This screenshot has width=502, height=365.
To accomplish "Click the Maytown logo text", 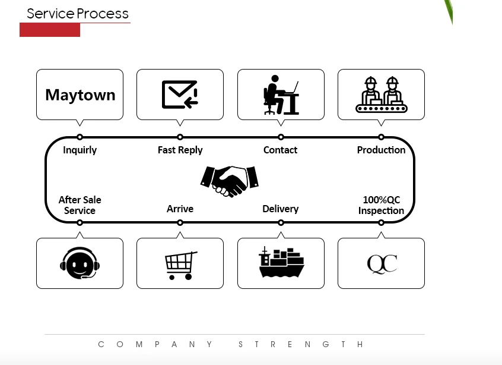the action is (80, 95).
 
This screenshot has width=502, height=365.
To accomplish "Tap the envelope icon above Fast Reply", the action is (180, 95).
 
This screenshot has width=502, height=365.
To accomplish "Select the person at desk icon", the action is (281, 95).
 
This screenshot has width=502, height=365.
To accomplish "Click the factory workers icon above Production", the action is (381, 95).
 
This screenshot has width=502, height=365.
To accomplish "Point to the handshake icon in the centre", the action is (230, 180).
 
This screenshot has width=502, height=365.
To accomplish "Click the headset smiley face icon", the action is (80, 263).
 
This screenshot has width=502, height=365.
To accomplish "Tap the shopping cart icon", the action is (180, 265).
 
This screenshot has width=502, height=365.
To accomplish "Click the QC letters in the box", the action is (382, 263).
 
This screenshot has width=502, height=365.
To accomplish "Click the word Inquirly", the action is (80, 150).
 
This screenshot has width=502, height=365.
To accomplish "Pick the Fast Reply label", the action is (180, 150).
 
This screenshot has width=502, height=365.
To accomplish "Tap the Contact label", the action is (280, 150).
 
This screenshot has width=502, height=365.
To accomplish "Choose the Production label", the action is (381, 150).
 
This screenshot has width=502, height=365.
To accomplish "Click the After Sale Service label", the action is (80, 205).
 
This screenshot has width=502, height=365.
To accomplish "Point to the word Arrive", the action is (180, 209).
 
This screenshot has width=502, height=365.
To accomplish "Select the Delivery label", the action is (280, 209).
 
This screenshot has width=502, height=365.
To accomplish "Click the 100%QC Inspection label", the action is (381, 205).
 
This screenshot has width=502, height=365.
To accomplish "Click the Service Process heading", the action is (78, 14).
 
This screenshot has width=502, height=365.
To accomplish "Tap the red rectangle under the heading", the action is (50, 30).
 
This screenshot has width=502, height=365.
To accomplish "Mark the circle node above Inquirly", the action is (80, 137).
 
